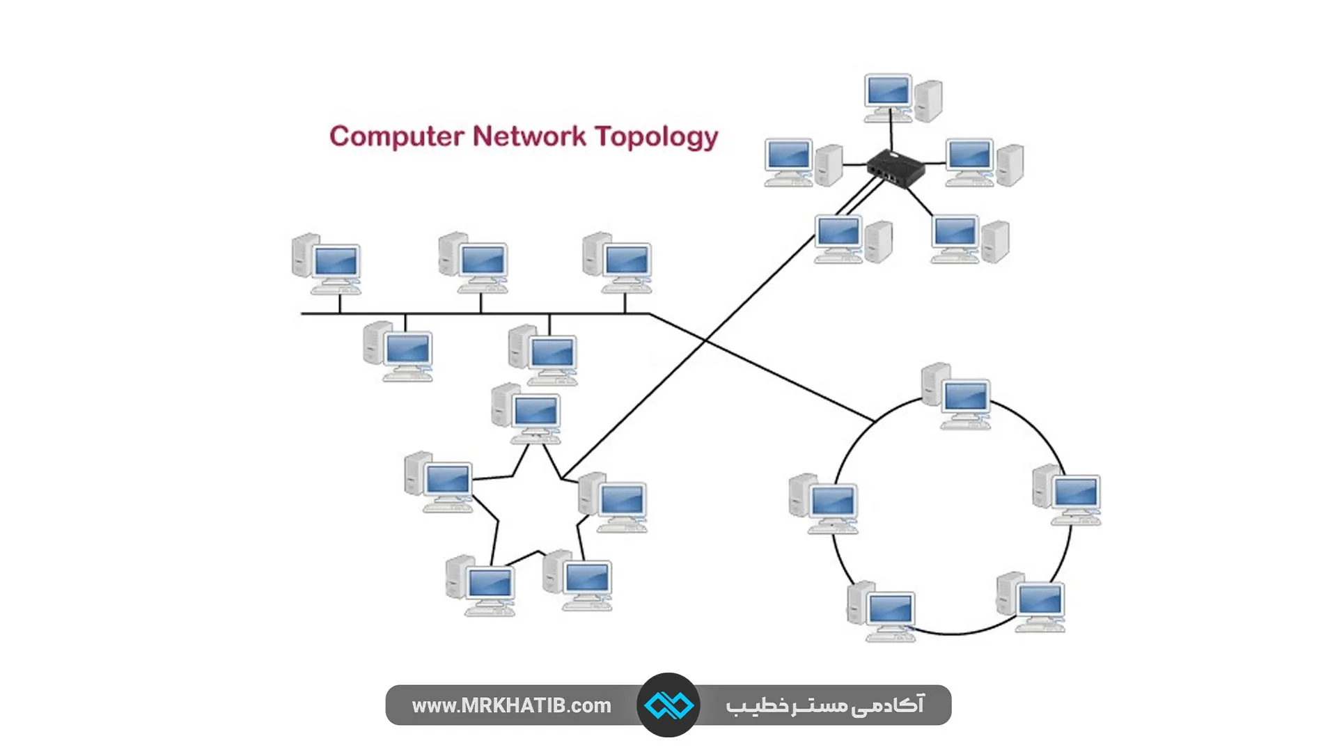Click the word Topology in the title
click(656, 136)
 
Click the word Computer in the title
click(396, 136)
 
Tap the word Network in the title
click(529, 136)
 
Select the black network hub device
click(896, 168)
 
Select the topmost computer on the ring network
click(957, 395)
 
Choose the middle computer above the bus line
click(474, 263)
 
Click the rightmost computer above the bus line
click(618, 263)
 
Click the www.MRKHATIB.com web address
click(511, 705)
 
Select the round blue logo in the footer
click(668, 705)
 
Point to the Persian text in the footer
click(824, 705)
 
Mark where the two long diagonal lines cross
click(705, 340)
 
